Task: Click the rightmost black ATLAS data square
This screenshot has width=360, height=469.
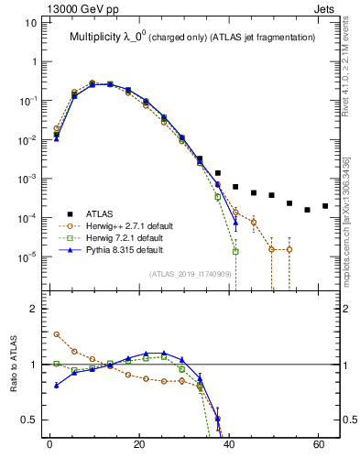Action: coord(325,206)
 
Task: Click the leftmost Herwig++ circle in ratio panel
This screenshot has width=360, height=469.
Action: coord(57,334)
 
